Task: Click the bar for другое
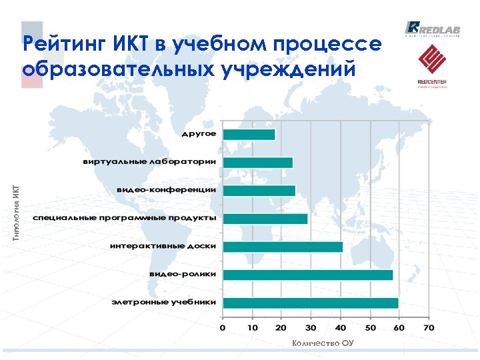click(249, 135)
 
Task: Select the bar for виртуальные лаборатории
click(257, 163)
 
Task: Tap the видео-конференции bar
click(259, 191)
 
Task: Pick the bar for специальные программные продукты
click(265, 219)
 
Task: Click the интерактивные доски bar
click(283, 247)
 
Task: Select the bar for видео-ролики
click(307, 275)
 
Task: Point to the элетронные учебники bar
click(311, 303)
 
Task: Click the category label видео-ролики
click(182, 274)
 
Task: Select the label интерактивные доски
click(163, 246)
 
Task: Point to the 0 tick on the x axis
click(223, 327)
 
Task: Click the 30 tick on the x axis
click(311, 327)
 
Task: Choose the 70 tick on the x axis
click(428, 327)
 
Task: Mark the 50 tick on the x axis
click(370, 327)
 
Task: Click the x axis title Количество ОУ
click(323, 343)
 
